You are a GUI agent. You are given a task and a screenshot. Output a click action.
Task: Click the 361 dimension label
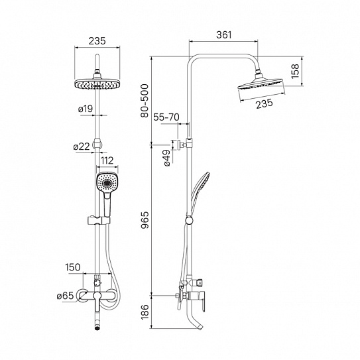(224, 34)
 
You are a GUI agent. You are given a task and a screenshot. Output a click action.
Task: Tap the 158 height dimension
(295, 71)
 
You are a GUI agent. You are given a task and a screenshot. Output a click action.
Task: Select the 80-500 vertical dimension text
(145, 101)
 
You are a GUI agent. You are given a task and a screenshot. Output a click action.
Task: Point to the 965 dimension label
(145, 220)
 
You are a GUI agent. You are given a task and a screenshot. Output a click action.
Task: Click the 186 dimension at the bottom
(145, 312)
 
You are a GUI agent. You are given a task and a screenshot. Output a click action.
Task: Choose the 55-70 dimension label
(166, 117)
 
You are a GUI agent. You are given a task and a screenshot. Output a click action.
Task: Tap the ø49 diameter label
(167, 158)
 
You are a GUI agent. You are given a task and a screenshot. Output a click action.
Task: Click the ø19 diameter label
(86, 109)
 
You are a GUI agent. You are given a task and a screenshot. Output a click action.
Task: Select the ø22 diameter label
(82, 147)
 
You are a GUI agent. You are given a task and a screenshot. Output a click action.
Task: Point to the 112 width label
(107, 160)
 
